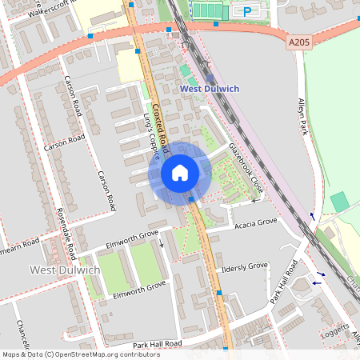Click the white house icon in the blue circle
coord(180,172)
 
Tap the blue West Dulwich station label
coord(210,89)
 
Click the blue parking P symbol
coord(247,11)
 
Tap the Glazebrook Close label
coord(246,168)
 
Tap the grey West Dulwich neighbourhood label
coord(65,270)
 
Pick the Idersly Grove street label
coord(245,267)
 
